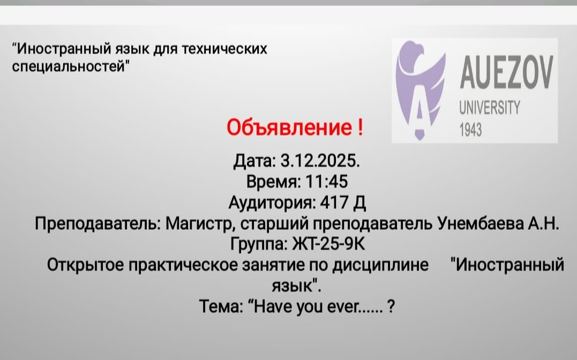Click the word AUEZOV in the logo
click(504, 74)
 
